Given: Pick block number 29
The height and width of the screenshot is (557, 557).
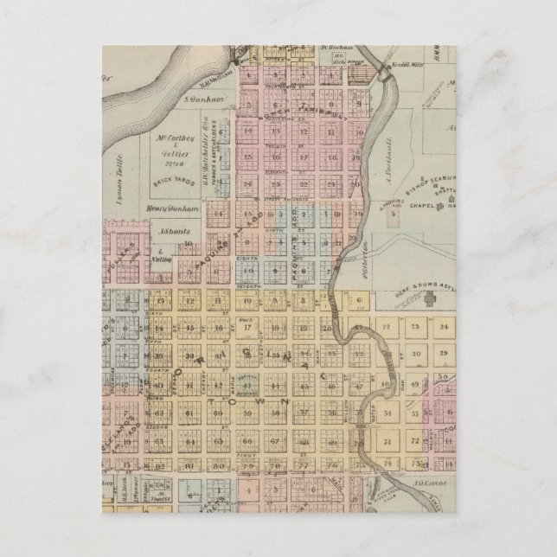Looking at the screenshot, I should click(x=445, y=355).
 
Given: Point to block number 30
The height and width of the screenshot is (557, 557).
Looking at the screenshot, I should click(x=416, y=355).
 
